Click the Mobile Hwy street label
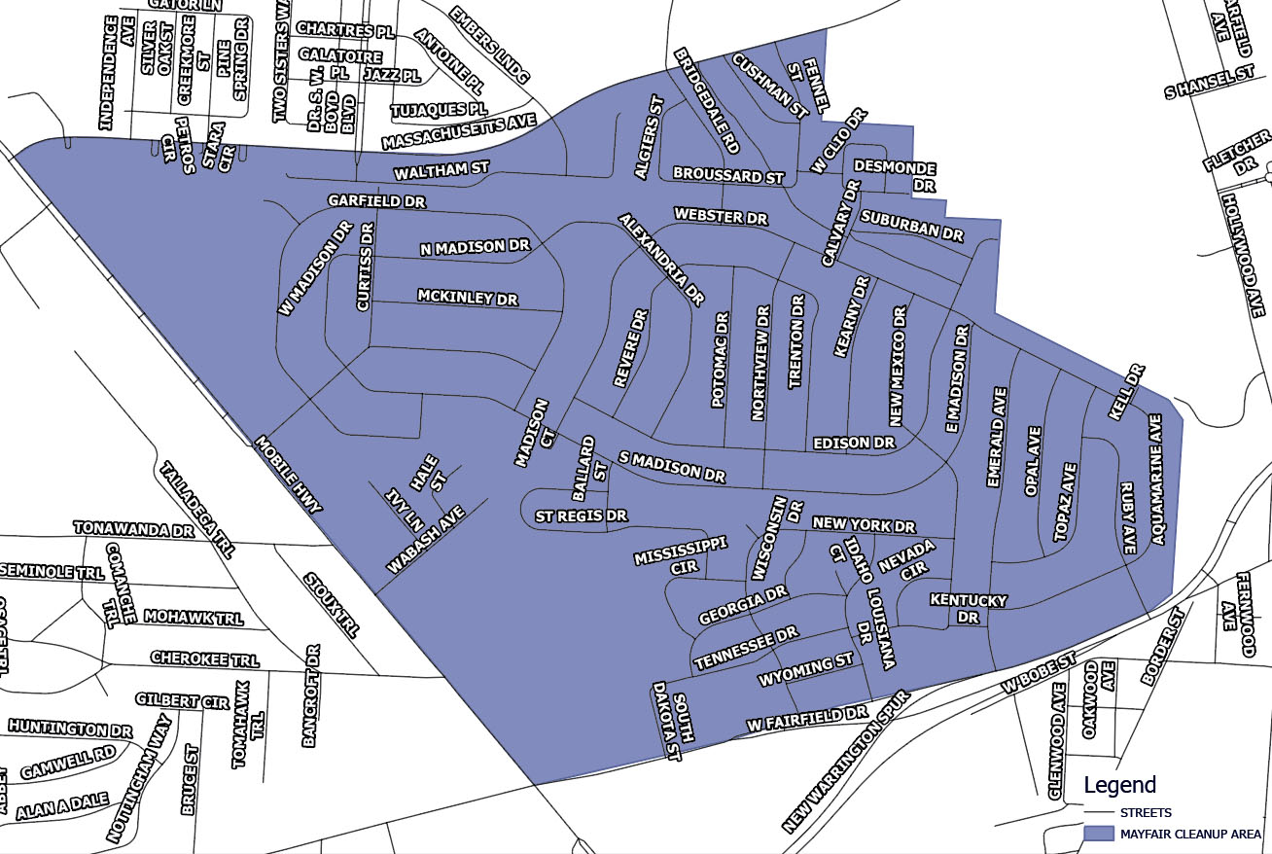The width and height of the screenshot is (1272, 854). (x=288, y=473)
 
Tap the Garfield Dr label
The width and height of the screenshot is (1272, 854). (x=376, y=200)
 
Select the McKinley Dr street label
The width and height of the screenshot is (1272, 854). (x=468, y=296)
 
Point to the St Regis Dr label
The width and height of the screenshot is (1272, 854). (x=582, y=515)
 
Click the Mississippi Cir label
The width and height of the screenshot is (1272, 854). (x=681, y=555)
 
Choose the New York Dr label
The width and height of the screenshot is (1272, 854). (x=864, y=525)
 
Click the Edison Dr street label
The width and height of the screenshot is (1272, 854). (x=854, y=443)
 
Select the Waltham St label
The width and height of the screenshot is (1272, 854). (x=441, y=172)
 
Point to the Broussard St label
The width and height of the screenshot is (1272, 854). (x=727, y=177)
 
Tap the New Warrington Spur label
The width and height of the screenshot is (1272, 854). (x=845, y=762)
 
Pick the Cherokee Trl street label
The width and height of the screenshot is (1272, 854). (x=204, y=658)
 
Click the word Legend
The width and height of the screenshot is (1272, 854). (x=1119, y=785)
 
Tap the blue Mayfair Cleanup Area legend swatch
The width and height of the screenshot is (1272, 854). (x=1098, y=834)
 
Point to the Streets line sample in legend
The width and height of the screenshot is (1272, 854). (x=1098, y=812)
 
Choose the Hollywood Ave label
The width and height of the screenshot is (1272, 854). (x=1244, y=254)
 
